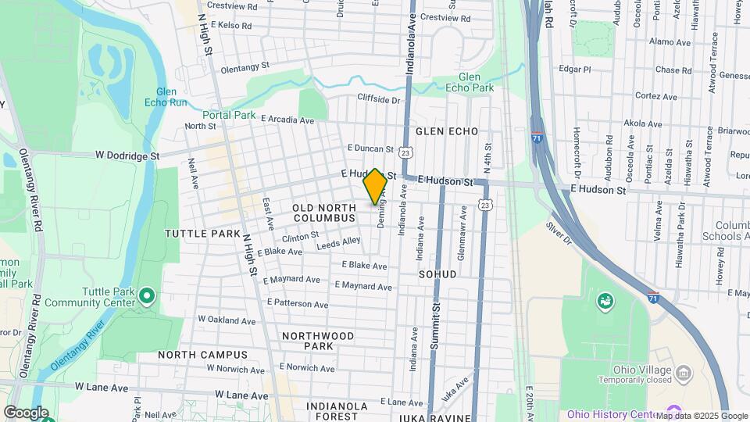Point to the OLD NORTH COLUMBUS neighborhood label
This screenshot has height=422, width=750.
[324, 213]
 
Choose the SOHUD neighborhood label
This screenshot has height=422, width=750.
[437, 274]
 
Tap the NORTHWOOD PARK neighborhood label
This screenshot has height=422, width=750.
[318, 340]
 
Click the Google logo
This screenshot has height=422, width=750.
[26, 413]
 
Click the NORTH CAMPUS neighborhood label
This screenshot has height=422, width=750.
[202, 354]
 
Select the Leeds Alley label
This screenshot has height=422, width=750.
[338, 243]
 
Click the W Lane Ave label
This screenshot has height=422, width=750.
[101, 387]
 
